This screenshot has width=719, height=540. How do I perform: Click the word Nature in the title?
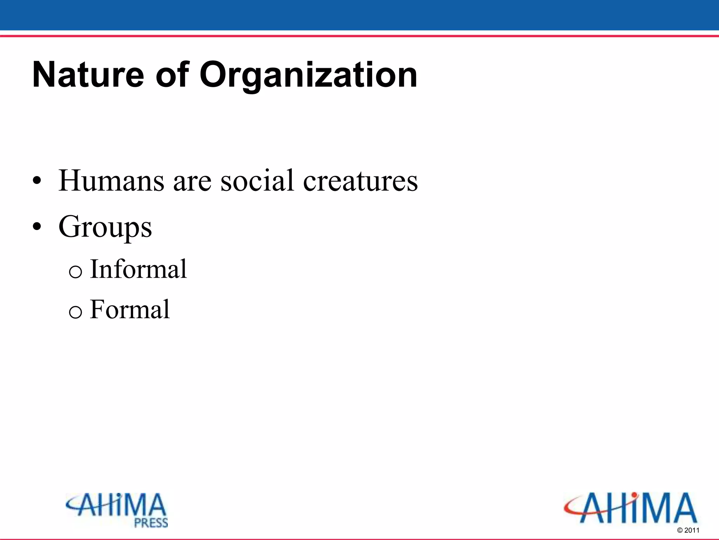pos(88,75)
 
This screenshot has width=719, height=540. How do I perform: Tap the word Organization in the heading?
pos(308,75)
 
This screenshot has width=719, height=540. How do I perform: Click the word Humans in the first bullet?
pos(111,181)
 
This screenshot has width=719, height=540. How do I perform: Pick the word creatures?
pos(360,181)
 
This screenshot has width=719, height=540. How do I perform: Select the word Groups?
pos(105,227)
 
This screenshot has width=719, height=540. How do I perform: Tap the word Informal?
pos(138,269)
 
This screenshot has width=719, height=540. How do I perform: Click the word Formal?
pos(130,310)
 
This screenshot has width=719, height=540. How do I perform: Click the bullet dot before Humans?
pos(37,182)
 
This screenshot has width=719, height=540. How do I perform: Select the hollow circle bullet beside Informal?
pos(75,272)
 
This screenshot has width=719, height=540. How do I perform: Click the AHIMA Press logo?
pos(117,509)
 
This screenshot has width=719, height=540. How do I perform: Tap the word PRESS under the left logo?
pos(151,523)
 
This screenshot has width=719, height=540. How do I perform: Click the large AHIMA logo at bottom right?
pos(631,508)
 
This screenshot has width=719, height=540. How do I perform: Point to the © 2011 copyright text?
pos(688,531)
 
